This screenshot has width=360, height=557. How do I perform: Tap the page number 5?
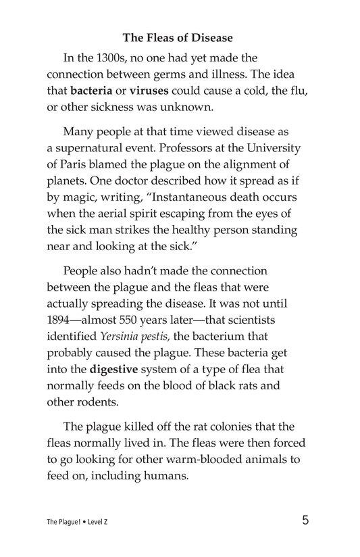pos(307,520)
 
